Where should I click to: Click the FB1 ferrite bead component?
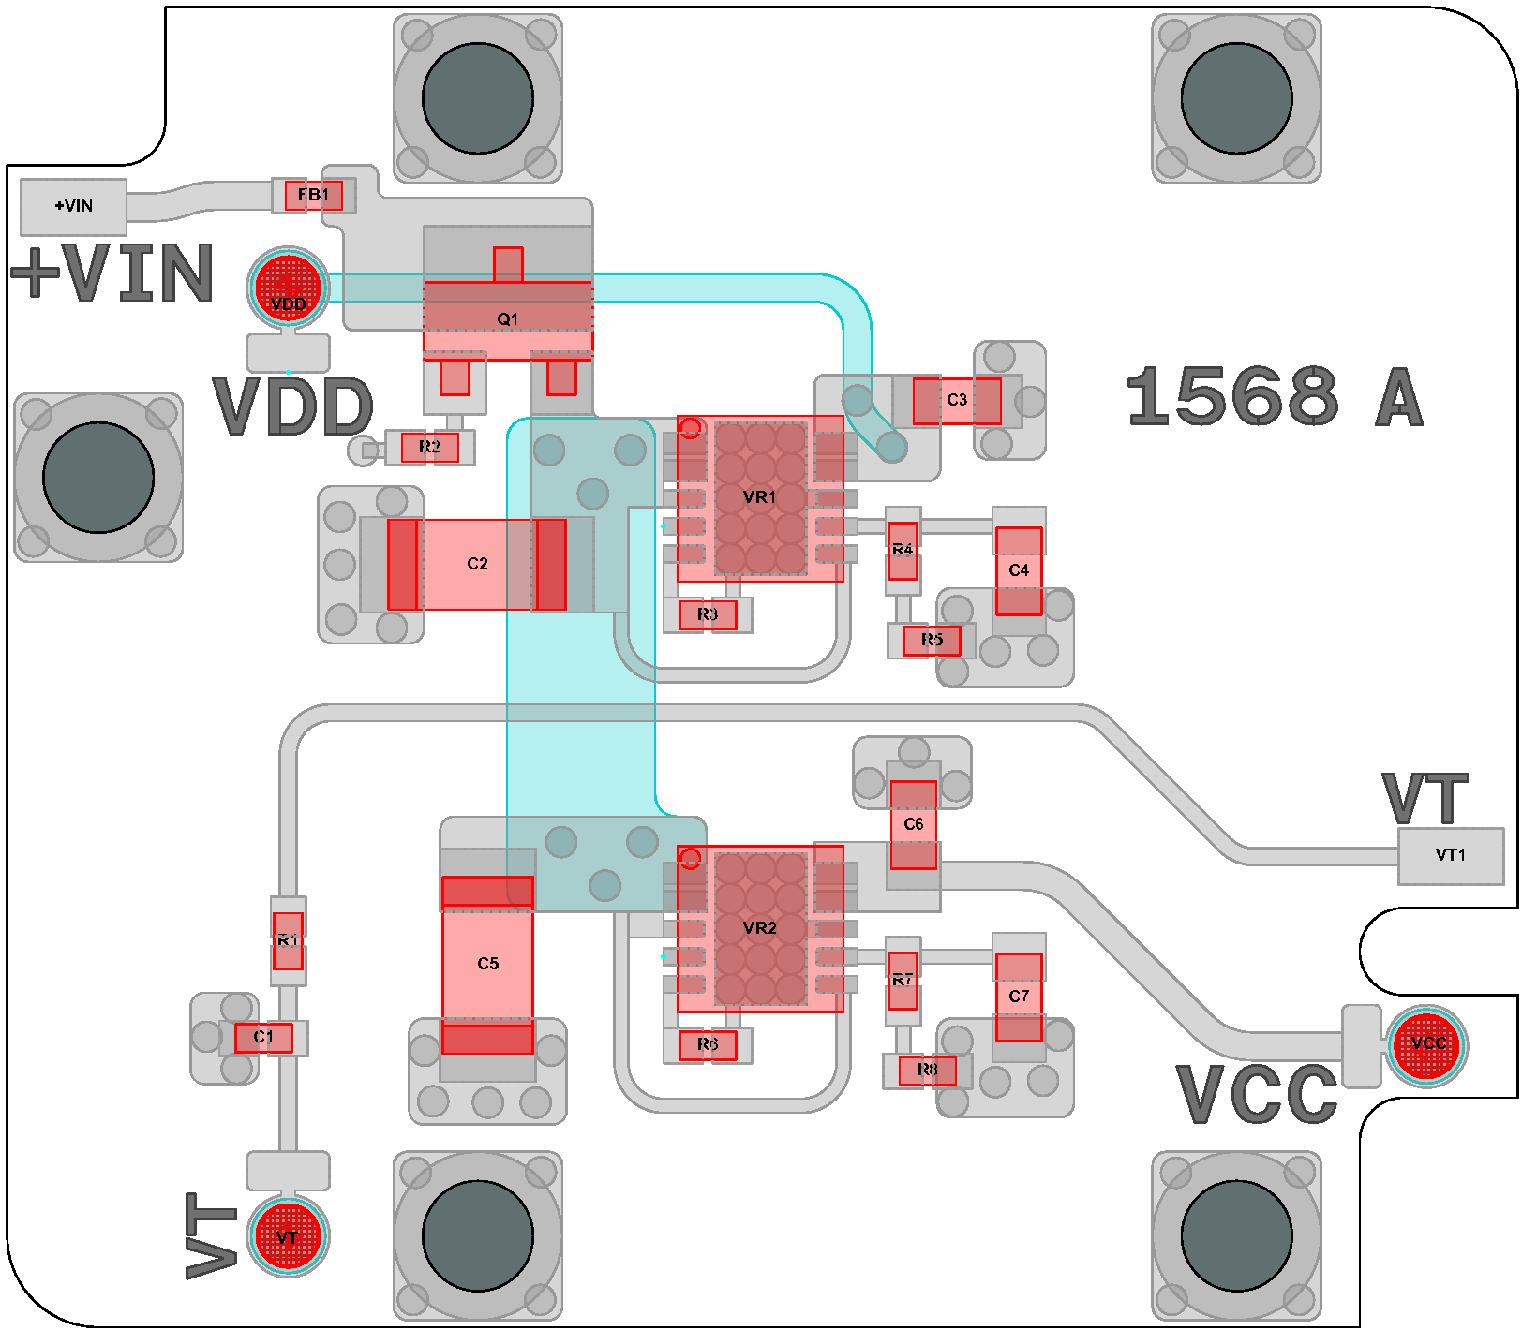tap(313, 196)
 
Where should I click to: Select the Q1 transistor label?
tap(507, 319)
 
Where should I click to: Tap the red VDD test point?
tap(288, 288)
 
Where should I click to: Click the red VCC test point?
tap(1426, 1046)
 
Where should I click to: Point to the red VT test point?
tap(288, 1236)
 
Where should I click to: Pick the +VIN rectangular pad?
tap(73, 206)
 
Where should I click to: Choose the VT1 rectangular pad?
tap(1450, 855)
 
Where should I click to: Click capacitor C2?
tap(477, 564)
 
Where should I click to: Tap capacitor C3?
tap(957, 400)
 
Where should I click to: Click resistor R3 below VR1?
tap(708, 614)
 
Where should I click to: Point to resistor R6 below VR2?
tap(708, 1044)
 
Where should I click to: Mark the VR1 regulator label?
tap(759, 497)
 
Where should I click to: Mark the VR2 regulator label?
tap(759, 928)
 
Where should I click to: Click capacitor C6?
tap(914, 824)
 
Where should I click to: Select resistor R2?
tap(429, 447)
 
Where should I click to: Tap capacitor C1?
tap(263, 1038)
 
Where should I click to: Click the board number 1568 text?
tap(1232, 396)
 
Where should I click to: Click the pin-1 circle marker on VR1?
tap(691, 428)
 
